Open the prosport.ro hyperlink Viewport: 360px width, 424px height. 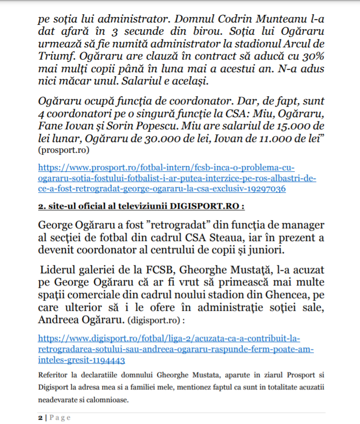[x=176, y=178]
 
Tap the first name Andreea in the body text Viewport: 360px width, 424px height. [x=58, y=320]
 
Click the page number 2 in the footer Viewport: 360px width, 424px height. [x=40, y=418]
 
